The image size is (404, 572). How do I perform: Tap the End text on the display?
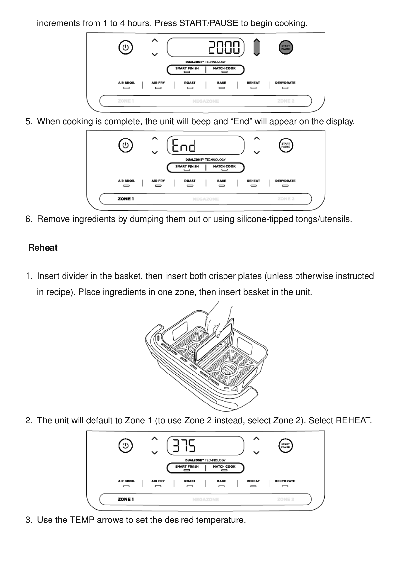[x=184, y=145]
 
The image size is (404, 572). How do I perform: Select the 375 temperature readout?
[x=184, y=446]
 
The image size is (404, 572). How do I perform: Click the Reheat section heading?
[x=43, y=248]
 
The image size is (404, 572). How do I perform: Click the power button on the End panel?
[x=125, y=145]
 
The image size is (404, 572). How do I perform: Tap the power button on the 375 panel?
[x=125, y=446]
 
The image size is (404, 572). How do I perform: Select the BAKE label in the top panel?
[x=222, y=83]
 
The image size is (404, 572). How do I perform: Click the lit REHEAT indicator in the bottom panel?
[x=253, y=486]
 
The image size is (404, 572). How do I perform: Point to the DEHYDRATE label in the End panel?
[x=285, y=181]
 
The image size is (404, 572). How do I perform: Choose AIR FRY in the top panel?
[x=158, y=83]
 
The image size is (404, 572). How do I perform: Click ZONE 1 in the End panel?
[x=126, y=199]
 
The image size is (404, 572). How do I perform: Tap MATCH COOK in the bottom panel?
[x=224, y=467]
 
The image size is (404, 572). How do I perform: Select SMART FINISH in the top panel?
[x=187, y=68]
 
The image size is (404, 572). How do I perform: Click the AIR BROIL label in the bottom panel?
[x=126, y=481]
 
